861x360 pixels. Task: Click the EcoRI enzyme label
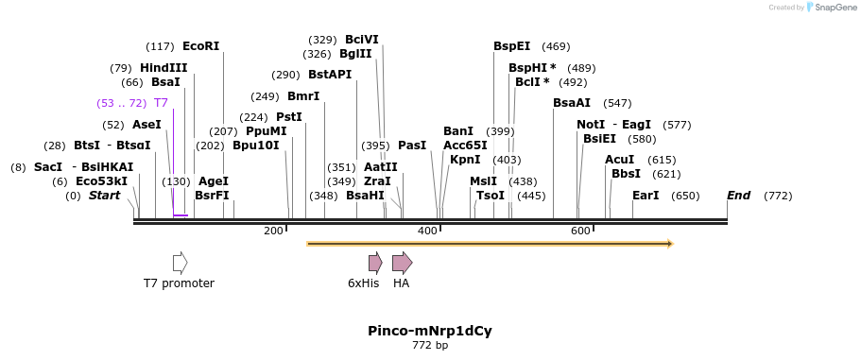click(200, 45)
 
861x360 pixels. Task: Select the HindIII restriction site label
click(164, 68)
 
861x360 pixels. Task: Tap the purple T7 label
click(161, 103)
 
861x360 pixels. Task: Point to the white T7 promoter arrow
click(180, 263)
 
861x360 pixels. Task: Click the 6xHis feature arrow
click(375, 263)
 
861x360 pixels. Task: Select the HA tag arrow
click(402, 263)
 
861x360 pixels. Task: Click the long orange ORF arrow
click(490, 244)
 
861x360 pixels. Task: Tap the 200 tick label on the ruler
click(273, 231)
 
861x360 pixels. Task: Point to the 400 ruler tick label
click(427, 231)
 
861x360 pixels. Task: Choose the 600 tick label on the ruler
click(580, 231)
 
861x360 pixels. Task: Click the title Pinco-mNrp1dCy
click(430, 331)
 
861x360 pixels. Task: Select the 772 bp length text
click(430, 346)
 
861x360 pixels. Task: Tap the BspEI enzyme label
click(511, 45)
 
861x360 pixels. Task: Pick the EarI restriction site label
click(646, 196)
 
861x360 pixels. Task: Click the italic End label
click(738, 196)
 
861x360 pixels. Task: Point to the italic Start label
click(104, 196)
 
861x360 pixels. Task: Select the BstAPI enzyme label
click(329, 75)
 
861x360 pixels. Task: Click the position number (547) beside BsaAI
click(617, 103)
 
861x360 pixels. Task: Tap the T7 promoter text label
click(179, 283)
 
